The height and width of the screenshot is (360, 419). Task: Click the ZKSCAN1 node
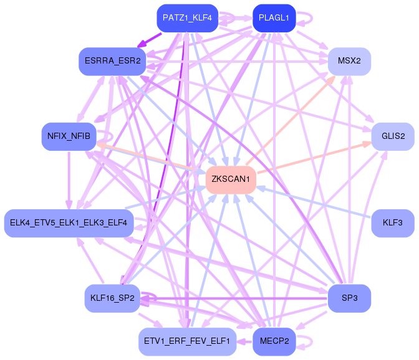231,179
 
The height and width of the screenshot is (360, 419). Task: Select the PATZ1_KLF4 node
187,18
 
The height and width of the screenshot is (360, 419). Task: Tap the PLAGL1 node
274,18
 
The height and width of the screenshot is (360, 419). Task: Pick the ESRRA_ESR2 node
112,62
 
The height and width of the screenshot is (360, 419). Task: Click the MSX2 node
349,62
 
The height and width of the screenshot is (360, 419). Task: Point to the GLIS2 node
393,136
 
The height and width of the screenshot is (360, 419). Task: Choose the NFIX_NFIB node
69,136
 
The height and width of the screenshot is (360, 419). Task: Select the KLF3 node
393,223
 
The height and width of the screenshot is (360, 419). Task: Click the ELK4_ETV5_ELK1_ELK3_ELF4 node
69,223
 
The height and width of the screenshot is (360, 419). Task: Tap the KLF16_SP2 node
112,298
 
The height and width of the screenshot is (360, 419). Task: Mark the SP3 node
349,298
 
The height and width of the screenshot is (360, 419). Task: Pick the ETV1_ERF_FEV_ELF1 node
187,341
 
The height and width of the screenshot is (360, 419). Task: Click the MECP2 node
274,341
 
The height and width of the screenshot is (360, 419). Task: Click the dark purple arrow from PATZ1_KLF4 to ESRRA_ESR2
150,40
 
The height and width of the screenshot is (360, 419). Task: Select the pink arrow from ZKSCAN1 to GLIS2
314,158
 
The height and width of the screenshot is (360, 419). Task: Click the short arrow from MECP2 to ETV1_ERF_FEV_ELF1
244,341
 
